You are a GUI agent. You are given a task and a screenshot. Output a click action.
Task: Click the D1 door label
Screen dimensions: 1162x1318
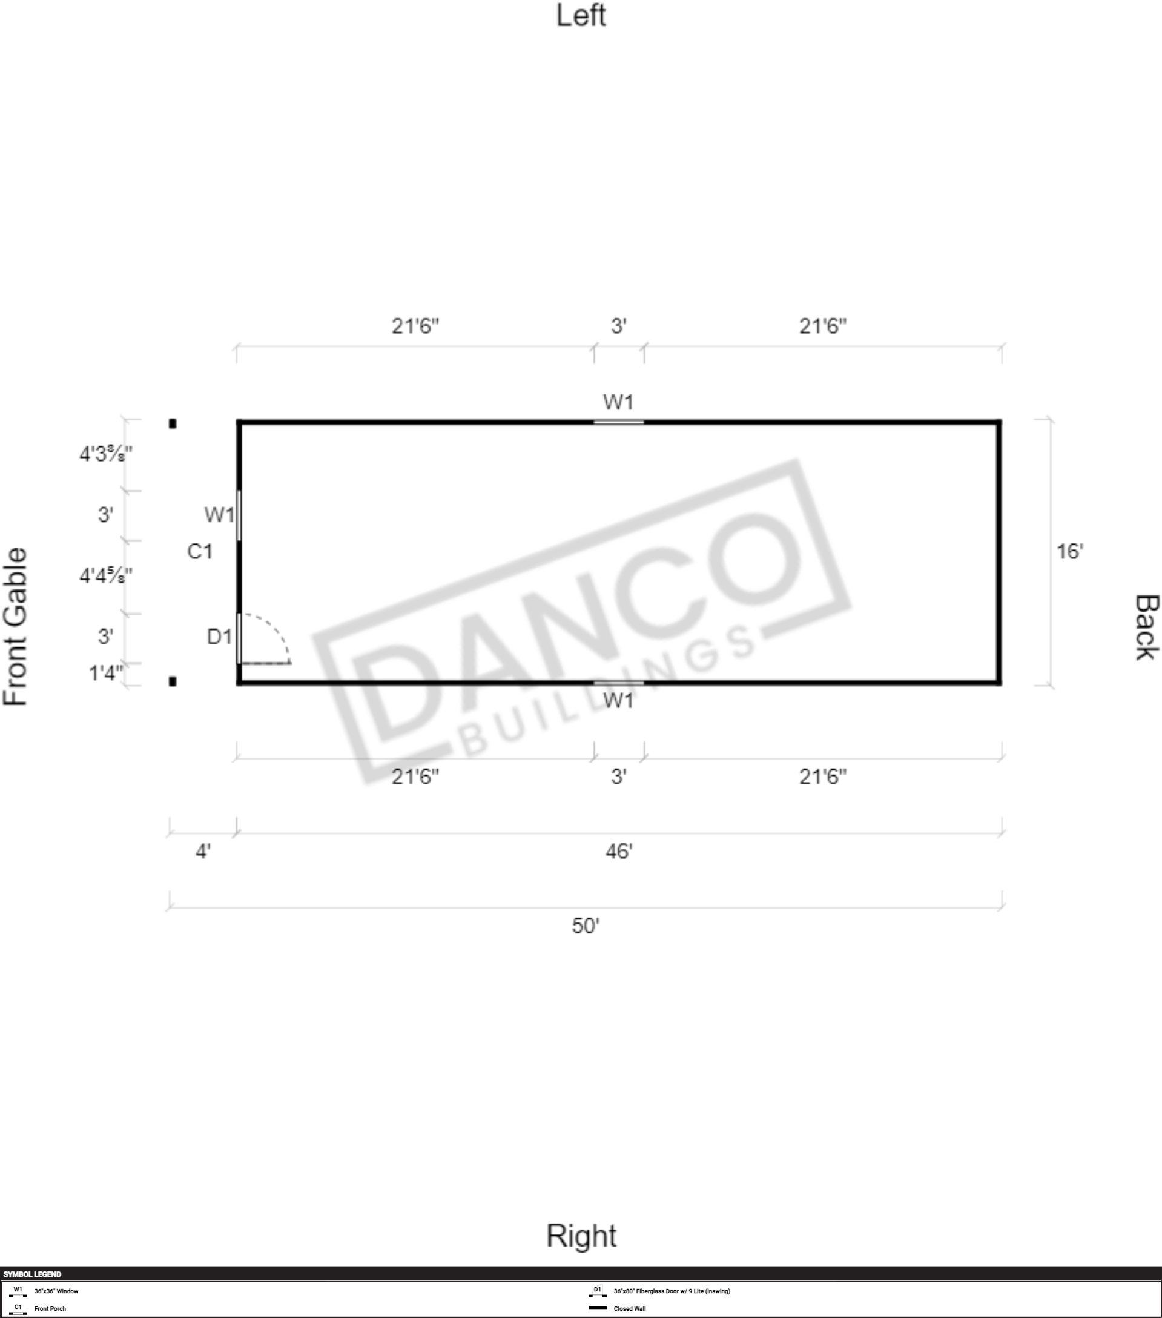pos(219,637)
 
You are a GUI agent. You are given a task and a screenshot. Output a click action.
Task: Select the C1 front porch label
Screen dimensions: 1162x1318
pos(200,551)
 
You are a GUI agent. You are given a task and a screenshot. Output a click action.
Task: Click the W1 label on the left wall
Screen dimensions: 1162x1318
pos(618,402)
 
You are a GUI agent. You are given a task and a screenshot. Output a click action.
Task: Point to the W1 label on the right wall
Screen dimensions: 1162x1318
pos(618,700)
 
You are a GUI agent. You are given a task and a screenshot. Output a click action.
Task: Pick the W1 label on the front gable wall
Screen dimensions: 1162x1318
pos(220,515)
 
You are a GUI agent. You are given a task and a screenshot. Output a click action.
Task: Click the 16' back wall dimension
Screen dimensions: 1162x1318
pos(1069,551)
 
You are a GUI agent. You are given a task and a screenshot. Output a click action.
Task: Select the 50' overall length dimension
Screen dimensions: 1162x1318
pos(585,926)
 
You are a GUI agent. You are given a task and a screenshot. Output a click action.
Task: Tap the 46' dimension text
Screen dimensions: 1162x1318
pos(619,852)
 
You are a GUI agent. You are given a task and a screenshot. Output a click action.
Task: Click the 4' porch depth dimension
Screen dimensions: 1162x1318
pos(203,852)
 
